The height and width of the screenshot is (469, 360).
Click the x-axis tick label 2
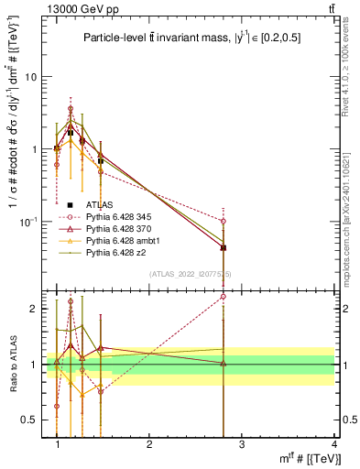pyautogui.click(x=149, y=444)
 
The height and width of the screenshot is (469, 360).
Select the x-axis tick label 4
pyautogui.click(x=335, y=444)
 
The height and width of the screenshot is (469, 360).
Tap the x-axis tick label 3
pyautogui.click(x=242, y=444)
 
